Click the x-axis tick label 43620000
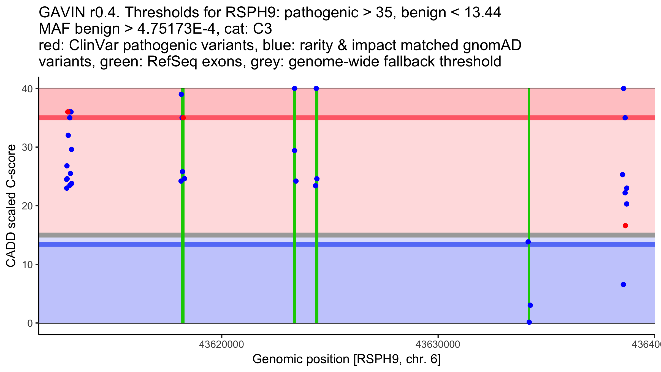(x=221, y=344)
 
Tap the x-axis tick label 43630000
(x=438, y=344)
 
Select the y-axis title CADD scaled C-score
(x=11, y=206)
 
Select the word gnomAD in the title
(x=492, y=45)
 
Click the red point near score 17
(x=625, y=226)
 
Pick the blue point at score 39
(x=181, y=94)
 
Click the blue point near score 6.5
(x=623, y=285)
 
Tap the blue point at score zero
(x=529, y=322)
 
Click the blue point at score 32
(x=68, y=135)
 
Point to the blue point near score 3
(x=530, y=305)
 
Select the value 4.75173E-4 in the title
(x=177, y=29)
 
